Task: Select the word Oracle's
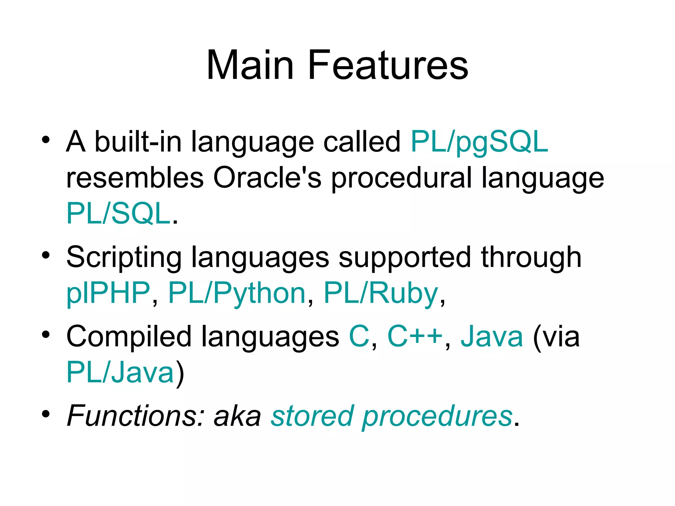(x=267, y=178)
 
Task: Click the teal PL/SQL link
(x=118, y=213)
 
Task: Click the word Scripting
(x=124, y=258)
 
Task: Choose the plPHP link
(x=108, y=293)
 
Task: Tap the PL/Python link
(x=237, y=293)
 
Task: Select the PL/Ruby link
(x=381, y=293)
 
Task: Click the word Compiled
(x=129, y=337)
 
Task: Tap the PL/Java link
(x=120, y=372)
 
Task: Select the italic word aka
(x=237, y=416)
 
